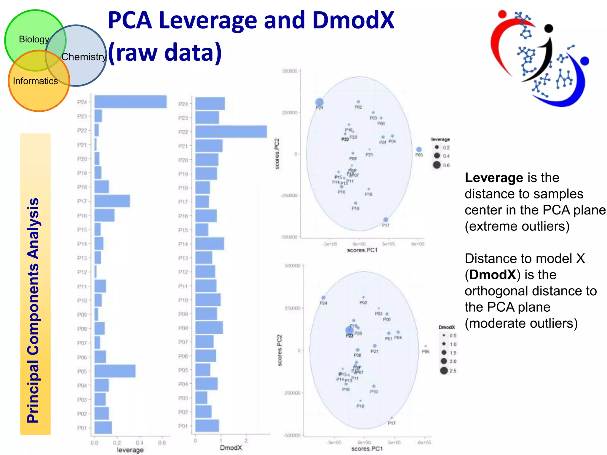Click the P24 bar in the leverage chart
click(x=130, y=102)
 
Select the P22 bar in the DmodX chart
click(x=231, y=132)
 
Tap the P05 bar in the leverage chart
click(x=115, y=371)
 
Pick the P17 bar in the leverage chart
click(x=112, y=201)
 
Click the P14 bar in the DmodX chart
click(x=210, y=243)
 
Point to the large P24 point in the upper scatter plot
click(x=319, y=102)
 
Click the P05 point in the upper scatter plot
click(x=419, y=150)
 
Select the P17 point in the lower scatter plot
click(x=392, y=418)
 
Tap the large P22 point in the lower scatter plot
click(x=349, y=330)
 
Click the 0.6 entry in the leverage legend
click(x=437, y=165)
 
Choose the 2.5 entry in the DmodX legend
click(x=444, y=370)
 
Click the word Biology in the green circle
click(x=34, y=39)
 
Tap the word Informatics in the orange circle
click(x=35, y=81)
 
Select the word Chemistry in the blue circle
click(x=84, y=57)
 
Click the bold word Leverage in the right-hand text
click(x=494, y=178)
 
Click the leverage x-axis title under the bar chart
click(x=130, y=450)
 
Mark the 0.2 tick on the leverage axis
click(x=117, y=443)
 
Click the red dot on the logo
click(x=502, y=14)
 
